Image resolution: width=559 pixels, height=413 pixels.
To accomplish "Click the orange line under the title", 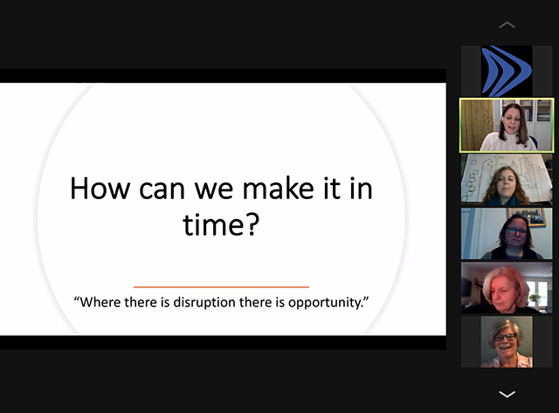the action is pyautogui.click(x=221, y=286).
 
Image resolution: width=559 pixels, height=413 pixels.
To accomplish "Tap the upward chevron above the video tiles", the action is pyautogui.click(x=507, y=24).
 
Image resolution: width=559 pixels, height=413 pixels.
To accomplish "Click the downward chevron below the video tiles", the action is pyautogui.click(x=507, y=394).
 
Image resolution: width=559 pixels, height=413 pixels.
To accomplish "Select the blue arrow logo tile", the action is pyautogui.click(x=507, y=71).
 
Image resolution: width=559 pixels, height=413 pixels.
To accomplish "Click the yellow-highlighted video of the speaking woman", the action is pyautogui.click(x=507, y=125).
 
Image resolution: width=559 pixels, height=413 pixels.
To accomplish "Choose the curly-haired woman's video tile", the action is pyautogui.click(x=507, y=180).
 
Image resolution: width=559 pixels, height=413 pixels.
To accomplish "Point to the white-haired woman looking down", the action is pyautogui.click(x=507, y=288).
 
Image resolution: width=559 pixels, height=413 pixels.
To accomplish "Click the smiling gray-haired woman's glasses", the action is pyautogui.click(x=505, y=337).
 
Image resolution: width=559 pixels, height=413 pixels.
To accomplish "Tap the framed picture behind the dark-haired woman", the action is pyautogui.click(x=527, y=217).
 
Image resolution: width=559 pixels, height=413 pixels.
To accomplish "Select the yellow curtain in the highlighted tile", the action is pyautogui.click(x=477, y=125).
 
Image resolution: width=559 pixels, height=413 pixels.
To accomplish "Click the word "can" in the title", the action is pyautogui.click(x=162, y=189).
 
